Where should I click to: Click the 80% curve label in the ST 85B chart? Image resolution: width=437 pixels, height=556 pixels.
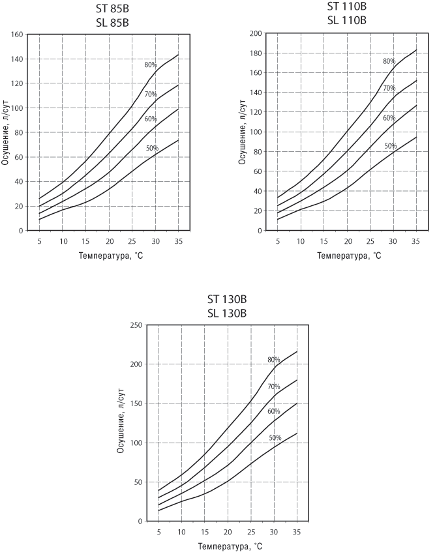(151, 65)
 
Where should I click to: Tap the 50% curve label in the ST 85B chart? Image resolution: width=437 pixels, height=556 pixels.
(152, 148)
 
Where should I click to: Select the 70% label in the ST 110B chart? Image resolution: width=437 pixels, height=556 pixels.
(389, 88)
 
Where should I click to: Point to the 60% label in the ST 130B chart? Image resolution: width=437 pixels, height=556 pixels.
(273, 411)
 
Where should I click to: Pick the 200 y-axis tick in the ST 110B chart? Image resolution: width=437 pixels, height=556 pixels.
(255, 33)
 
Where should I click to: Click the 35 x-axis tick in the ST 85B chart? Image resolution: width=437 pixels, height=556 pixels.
(178, 240)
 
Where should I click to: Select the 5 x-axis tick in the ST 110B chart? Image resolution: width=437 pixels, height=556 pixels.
(277, 240)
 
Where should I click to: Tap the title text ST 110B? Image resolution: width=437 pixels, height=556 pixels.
(347, 7)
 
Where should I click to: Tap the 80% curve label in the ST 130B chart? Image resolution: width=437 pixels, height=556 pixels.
(273, 360)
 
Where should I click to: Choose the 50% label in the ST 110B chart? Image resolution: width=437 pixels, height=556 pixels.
(390, 146)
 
